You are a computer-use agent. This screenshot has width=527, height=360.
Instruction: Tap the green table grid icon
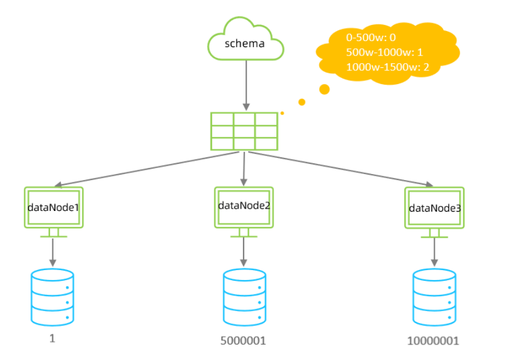(x=244, y=131)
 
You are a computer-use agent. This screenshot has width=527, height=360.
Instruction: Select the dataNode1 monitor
(x=53, y=207)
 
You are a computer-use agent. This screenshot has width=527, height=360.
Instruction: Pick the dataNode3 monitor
(x=434, y=208)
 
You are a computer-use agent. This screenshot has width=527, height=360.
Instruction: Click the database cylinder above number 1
(x=52, y=297)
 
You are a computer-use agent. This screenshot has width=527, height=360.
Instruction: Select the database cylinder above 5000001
(x=244, y=297)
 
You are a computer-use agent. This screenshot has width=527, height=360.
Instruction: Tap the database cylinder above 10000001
(x=434, y=297)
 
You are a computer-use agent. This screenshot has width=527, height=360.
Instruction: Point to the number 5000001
(x=244, y=342)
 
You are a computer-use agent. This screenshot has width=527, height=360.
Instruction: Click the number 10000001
(x=434, y=342)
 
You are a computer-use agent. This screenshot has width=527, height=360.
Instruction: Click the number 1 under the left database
(x=52, y=338)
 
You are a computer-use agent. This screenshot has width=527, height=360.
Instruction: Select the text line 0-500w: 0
(x=370, y=38)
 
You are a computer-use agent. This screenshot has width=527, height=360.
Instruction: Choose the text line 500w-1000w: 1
(x=384, y=52)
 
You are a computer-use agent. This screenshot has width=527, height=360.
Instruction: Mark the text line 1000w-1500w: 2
(x=387, y=67)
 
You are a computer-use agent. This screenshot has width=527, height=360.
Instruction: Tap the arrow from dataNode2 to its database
(x=244, y=251)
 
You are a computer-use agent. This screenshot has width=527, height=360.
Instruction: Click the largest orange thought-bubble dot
(x=325, y=89)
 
